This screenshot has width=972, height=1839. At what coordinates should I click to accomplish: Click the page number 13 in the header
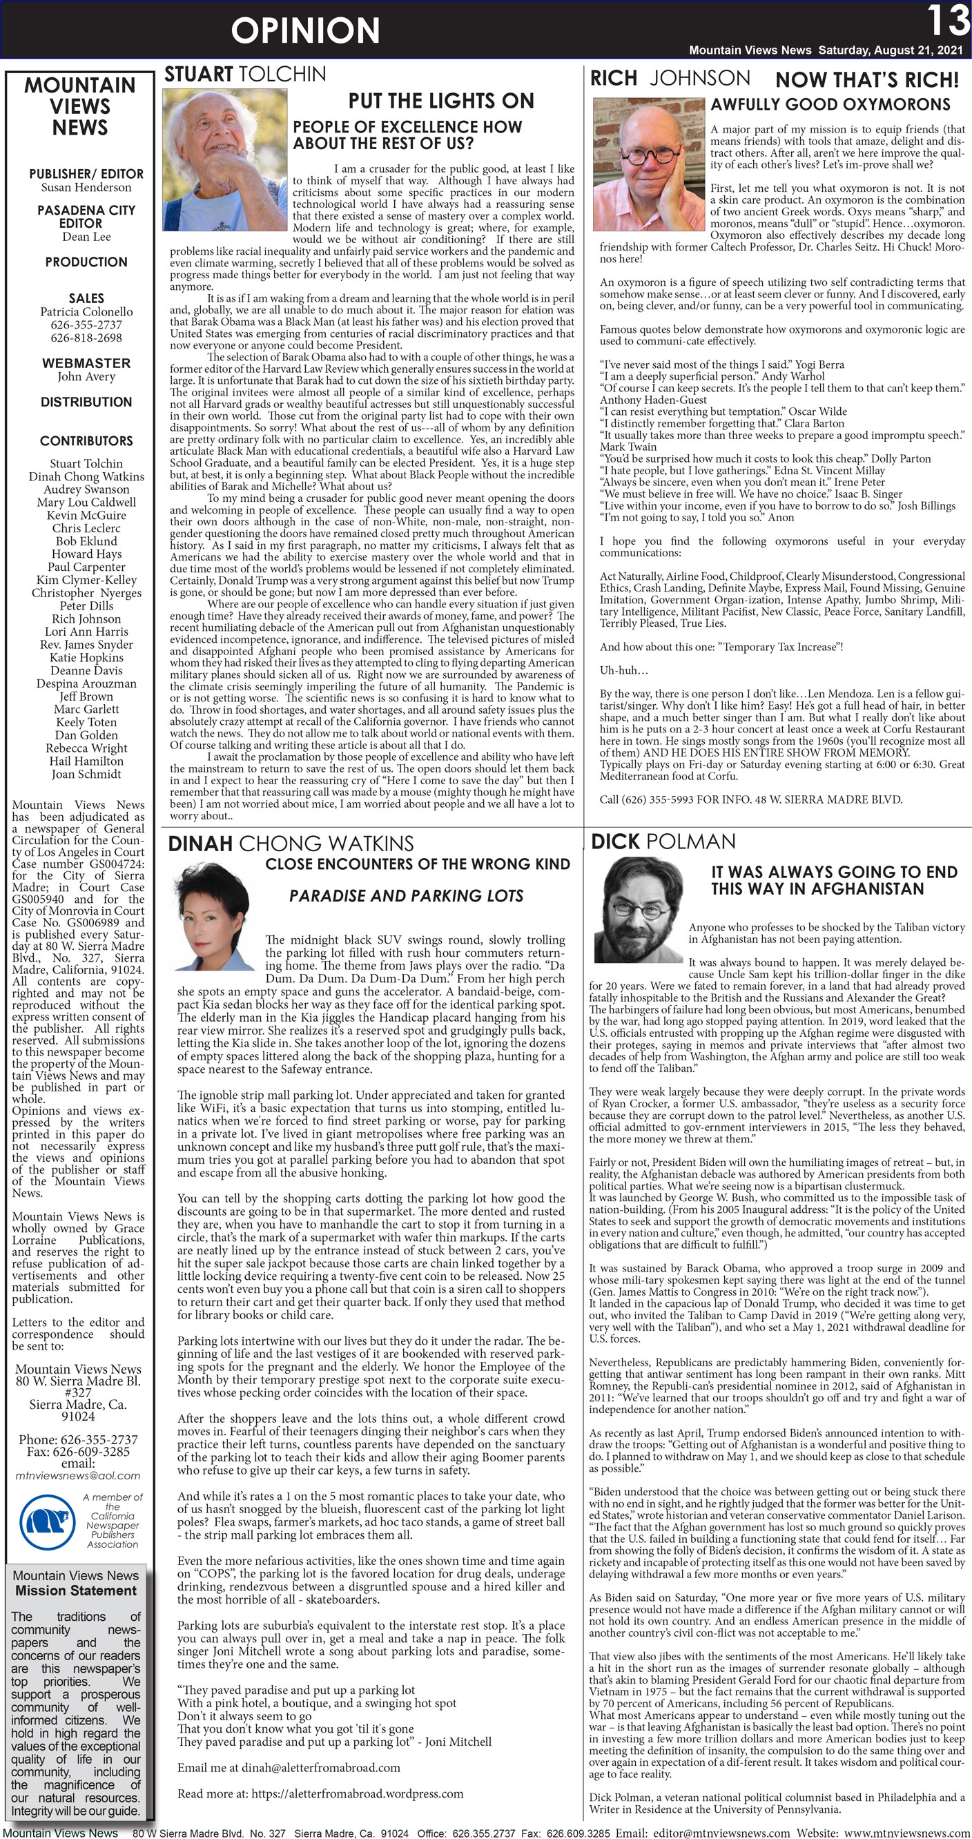coord(947,21)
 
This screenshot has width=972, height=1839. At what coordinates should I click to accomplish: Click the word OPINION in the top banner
coord(305,30)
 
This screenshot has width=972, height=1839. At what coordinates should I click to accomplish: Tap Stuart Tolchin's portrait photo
coord(225,159)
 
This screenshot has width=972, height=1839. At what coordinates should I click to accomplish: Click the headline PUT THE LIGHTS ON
coord(440,101)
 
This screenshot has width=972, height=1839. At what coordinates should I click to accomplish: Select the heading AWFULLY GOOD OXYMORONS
coord(830,104)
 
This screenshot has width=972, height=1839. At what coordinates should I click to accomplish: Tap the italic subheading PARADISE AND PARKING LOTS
coord(406,895)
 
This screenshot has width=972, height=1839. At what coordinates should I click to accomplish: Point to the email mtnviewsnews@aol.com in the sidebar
coord(78,1475)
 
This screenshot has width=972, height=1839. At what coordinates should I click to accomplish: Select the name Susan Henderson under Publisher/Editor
coord(86,187)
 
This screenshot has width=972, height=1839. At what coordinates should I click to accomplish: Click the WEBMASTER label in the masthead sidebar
coord(86,362)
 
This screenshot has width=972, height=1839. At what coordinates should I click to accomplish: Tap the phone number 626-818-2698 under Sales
coord(86,338)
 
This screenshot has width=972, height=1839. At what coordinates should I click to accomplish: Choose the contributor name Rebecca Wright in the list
coord(86,748)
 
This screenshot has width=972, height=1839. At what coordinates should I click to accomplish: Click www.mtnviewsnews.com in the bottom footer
coord(906,1833)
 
